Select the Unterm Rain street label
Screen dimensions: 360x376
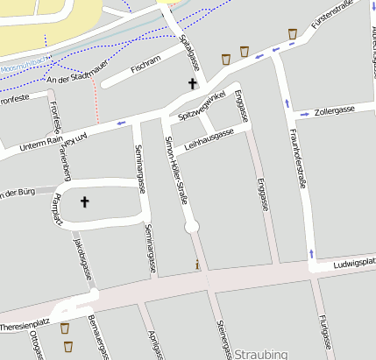point(42,140)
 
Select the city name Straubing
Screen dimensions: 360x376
point(261,353)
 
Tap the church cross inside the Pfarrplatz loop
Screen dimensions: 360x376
point(85,202)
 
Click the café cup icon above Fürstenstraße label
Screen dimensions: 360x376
point(293,34)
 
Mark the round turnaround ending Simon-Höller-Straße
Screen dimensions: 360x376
point(192,227)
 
